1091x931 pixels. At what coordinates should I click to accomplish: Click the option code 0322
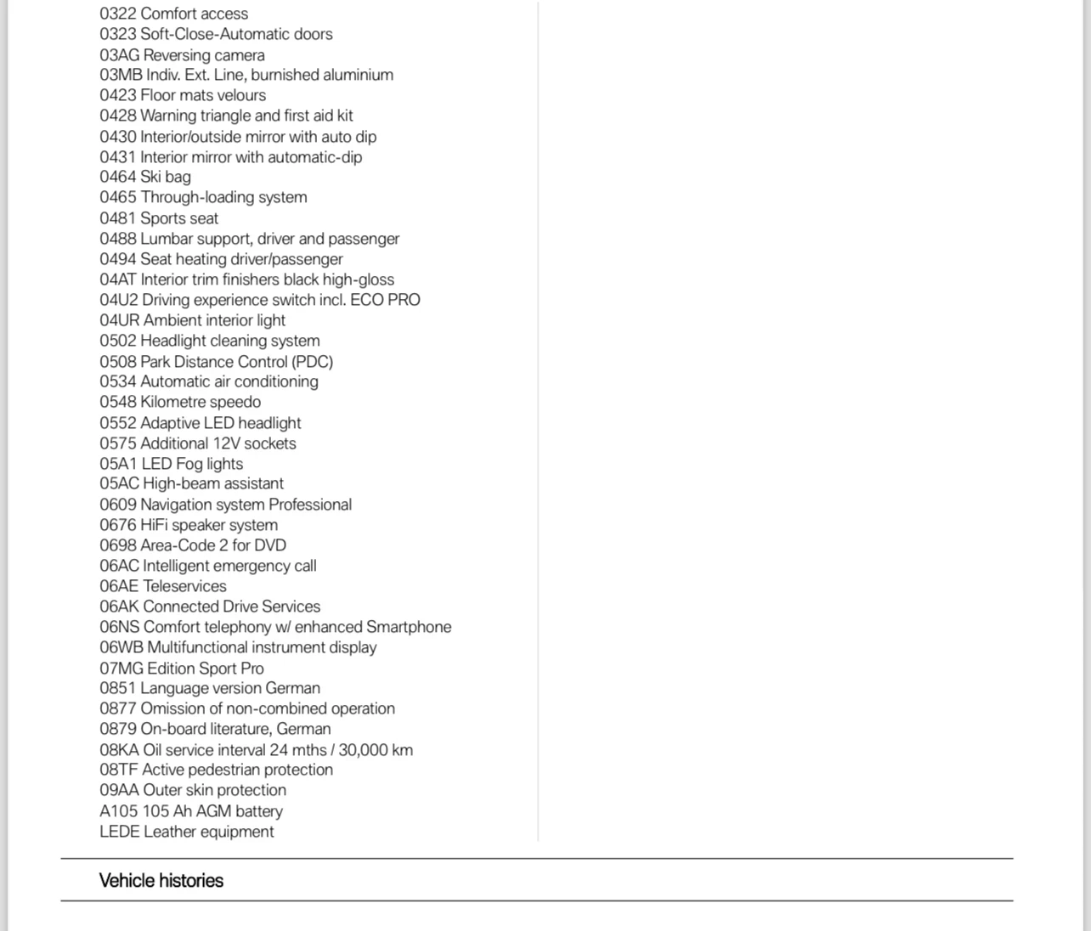click(117, 14)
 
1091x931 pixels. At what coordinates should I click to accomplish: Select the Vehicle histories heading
click(161, 881)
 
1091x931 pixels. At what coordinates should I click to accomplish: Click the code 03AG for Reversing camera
click(119, 55)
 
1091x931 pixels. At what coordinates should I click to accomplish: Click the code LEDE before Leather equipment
click(119, 832)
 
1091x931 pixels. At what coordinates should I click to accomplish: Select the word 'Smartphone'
click(409, 627)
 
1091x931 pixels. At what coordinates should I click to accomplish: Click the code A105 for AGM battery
click(118, 811)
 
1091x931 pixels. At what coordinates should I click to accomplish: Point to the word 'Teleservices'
click(184, 586)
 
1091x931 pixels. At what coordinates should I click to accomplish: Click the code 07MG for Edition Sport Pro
click(121, 669)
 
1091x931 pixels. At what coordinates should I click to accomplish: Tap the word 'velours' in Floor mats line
click(242, 95)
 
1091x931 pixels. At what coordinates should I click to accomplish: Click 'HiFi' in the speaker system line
click(154, 525)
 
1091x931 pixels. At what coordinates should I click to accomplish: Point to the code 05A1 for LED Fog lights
click(118, 464)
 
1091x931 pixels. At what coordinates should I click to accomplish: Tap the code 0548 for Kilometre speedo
click(117, 402)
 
